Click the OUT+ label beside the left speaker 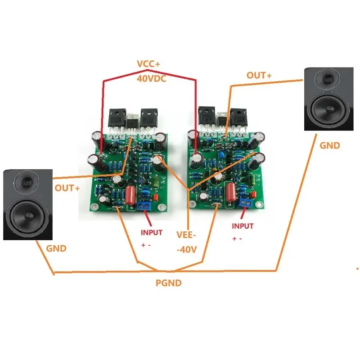[x=67, y=188]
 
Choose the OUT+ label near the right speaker [x=259, y=75]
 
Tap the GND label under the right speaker [x=330, y=145]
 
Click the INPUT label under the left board [x=153, y=233]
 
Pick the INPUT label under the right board [x=243, y=226]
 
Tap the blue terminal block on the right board [x=245, y=202]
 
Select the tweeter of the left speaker [x=28, y=183]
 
